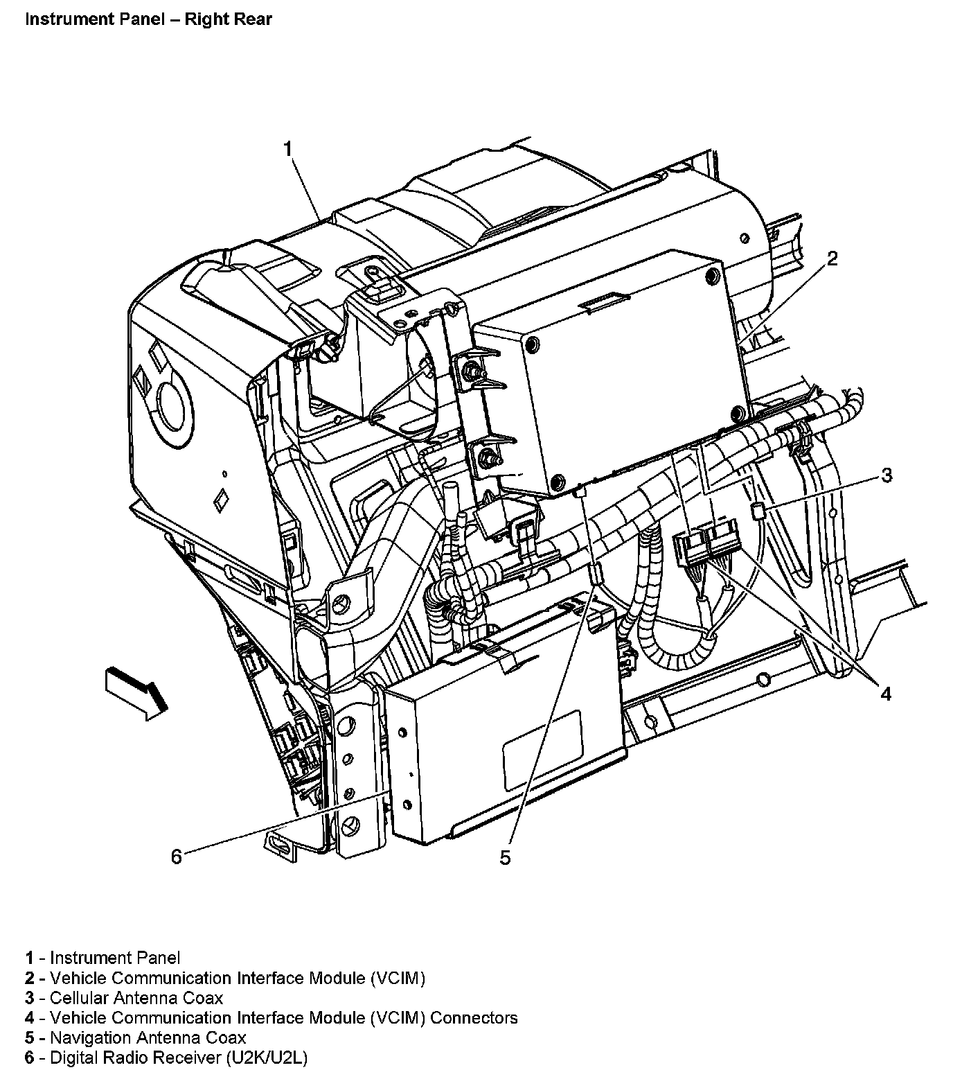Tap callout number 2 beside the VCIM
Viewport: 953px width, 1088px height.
[x=832, y=259]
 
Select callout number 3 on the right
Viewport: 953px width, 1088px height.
[x=886, y=476]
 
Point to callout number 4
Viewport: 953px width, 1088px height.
[x=886, y=693]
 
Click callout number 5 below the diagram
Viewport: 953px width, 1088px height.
[x=505, y=858]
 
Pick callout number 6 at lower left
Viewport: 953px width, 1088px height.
[x=177, y=857]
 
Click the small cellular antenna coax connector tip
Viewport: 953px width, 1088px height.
[x=757, y=512]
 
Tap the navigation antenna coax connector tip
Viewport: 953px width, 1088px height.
[x=596, y=574]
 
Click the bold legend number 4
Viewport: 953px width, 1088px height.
[x=29, y=1018]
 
